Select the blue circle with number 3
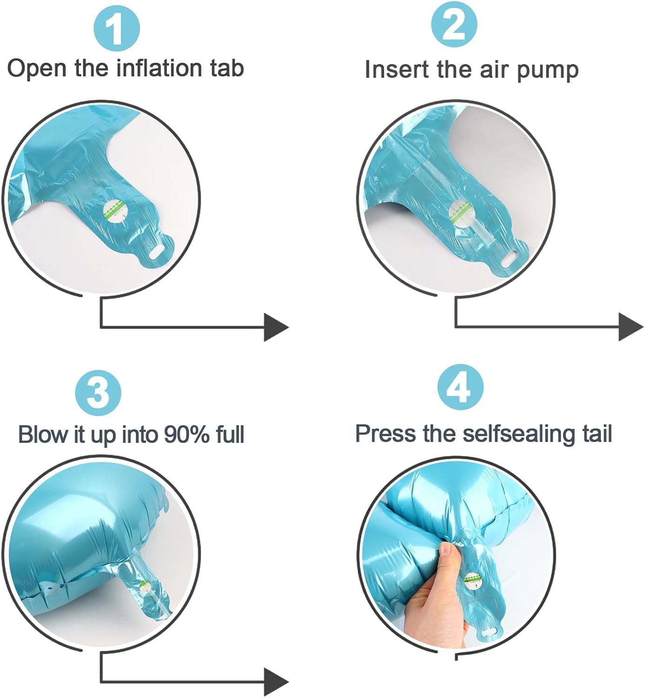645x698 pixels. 98,393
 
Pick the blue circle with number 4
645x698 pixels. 460,387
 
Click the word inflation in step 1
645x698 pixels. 160,68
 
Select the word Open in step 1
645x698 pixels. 37,69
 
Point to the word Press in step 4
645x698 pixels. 386,434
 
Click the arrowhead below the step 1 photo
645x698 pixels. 276,327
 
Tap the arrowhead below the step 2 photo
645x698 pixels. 631,327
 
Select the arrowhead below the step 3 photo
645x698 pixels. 276,682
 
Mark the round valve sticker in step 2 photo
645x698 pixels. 461,213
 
